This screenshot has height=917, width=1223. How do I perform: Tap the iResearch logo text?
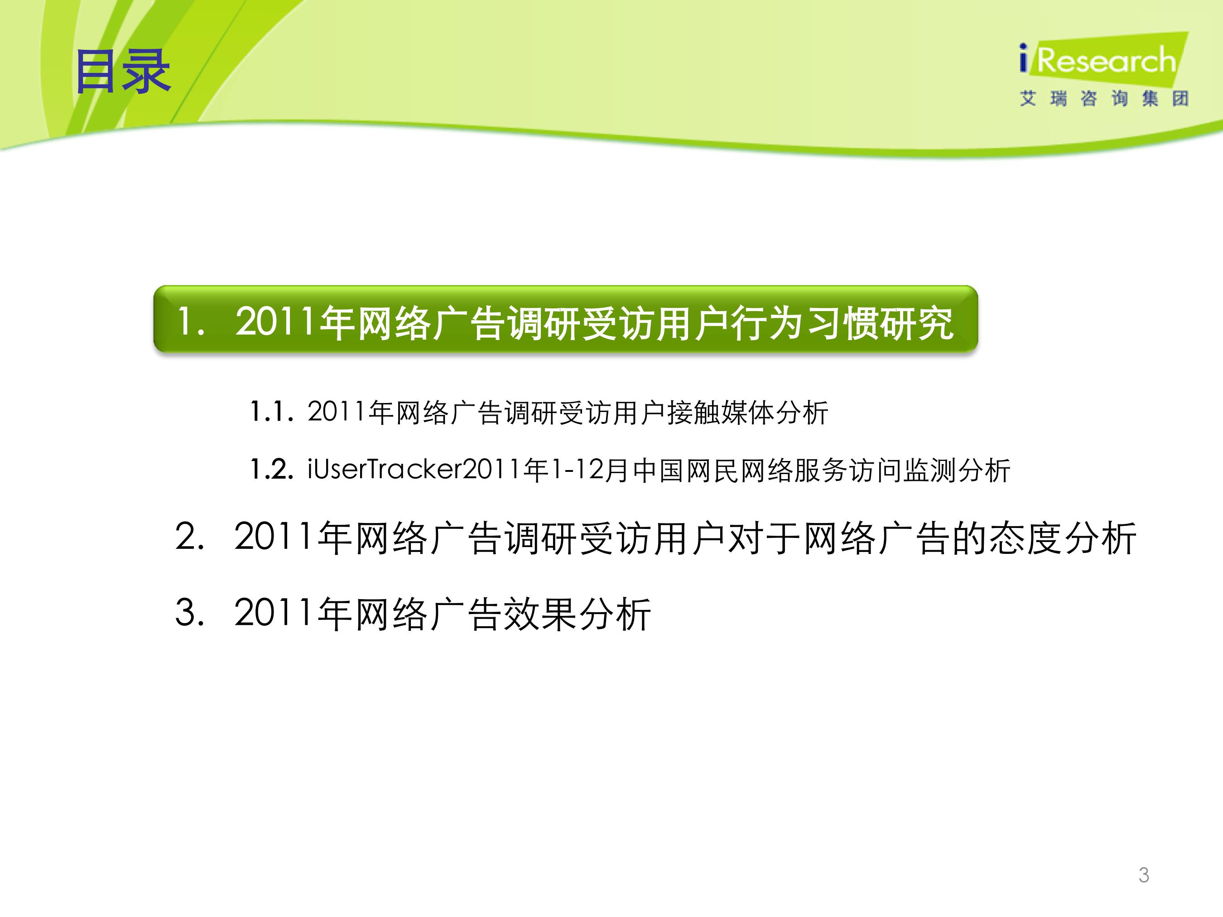[x=1098, y=60]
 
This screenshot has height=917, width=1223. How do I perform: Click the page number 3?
[x=1144, y=875]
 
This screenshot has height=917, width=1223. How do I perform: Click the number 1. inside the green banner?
[x=191, y=321]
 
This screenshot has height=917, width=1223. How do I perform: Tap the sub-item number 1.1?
[x=271, y=412]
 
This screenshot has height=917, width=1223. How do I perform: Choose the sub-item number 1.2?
[x=271, y=470]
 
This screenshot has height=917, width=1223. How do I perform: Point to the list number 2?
[x=190, y=537]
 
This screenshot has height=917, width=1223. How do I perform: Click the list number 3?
[x=190, y=613]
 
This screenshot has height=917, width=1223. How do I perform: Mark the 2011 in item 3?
[x=274, y=613]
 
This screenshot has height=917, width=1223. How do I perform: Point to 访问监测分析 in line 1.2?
[x=929, y=471]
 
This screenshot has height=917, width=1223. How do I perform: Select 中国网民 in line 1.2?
[x=686, y=471]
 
